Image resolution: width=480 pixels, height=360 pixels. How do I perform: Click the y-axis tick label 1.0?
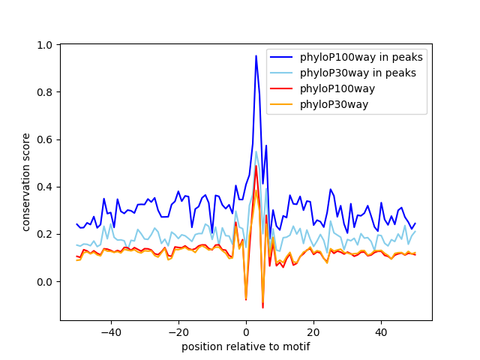(46, 45)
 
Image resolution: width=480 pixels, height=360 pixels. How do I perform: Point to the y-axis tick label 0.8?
(46, 92)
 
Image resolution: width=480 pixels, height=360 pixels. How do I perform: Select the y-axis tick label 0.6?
(46, 139)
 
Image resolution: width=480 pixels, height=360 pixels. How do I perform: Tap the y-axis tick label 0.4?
(46, 187)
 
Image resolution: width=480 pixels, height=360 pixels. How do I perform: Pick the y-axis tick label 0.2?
(46, 234)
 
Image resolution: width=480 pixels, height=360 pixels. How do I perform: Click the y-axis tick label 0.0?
(46, 281)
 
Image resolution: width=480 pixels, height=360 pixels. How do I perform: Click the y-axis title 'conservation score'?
(26, 181)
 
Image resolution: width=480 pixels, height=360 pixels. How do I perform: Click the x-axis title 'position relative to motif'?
(246, 346)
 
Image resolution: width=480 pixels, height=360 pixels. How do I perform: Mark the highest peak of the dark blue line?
(256, 55)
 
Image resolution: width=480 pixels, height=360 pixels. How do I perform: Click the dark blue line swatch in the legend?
(282, 57)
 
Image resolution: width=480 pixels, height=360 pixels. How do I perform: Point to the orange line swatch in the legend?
(282, 104)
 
